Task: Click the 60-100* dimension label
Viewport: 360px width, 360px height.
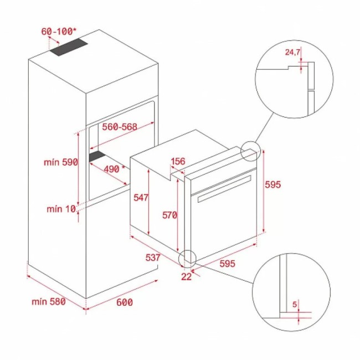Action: point(58,32)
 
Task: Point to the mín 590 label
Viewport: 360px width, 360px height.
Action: point(60,162)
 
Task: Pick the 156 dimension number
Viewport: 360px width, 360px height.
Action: point(178,161)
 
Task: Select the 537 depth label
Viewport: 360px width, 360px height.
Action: point(152,258)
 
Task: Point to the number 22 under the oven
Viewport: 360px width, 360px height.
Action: point(186,277)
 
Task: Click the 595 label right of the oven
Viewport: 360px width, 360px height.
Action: point(274,185)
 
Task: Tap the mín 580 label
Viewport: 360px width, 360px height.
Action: point(49,301)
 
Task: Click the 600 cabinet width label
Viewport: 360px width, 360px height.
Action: point(125,302)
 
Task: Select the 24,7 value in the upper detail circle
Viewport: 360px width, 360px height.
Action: point(293,53)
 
